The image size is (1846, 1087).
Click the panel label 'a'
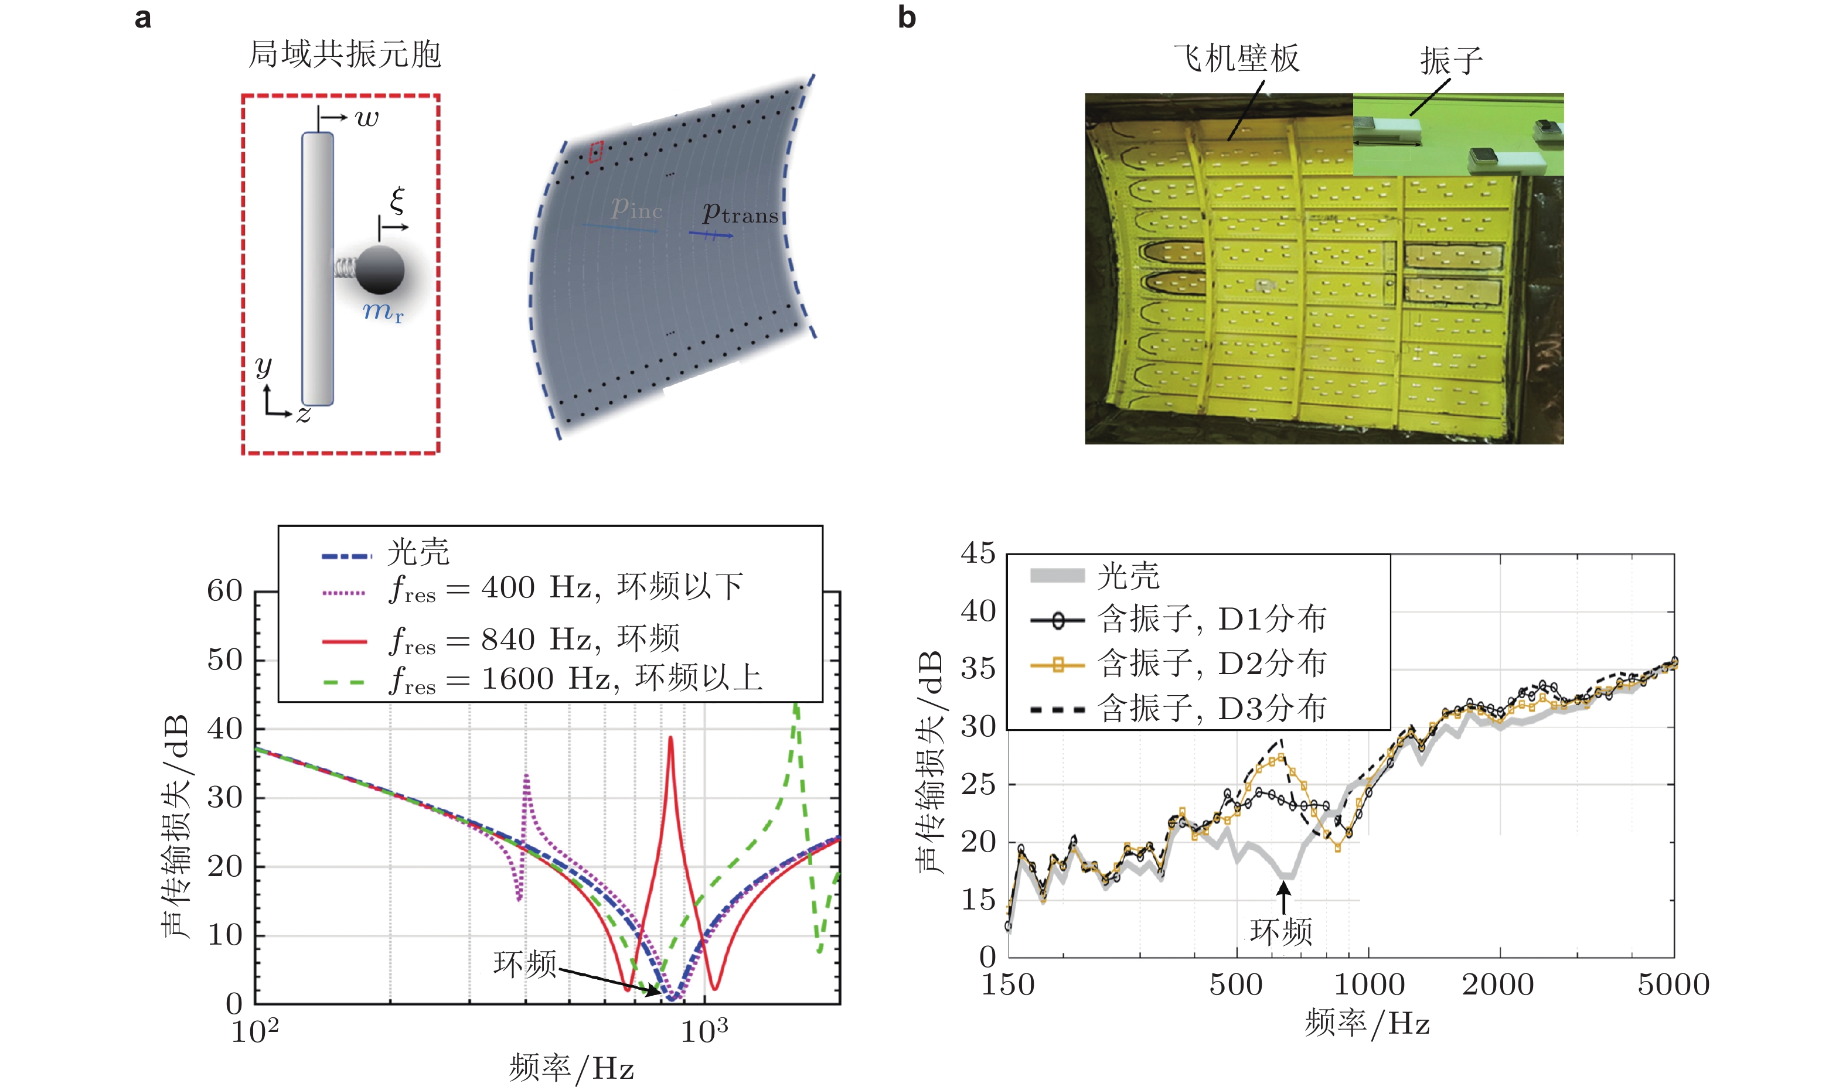pyautogui.click(x=143, y=17)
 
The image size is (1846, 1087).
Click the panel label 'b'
pyautogui.click(x=907, y=17)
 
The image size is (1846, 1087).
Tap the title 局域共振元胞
pyautogui.click(x=345, y=54)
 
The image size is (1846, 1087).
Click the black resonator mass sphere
pyautogui.click(x=380, y=269)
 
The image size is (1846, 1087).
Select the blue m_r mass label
pyautogui.click(x=383, y=312)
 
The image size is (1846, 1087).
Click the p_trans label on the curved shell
pyautogui.click(x=740, y=213)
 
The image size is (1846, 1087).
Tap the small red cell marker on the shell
pyautogui.click(x=596, y=152)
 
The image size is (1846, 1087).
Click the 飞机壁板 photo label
pyautogui.click(x=1237, y=59)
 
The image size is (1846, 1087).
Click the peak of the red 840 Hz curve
pyautogui.click(x=670, y=739)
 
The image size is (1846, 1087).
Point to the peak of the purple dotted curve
pyautogui.click(x=526, y=775)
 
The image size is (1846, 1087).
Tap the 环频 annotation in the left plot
pyautogui.click(x=524, y=964)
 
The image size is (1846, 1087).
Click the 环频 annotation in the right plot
pyautogui.click(x=1281, y=932)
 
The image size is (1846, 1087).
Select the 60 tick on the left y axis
pyautogui.click(x=224, y=590)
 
